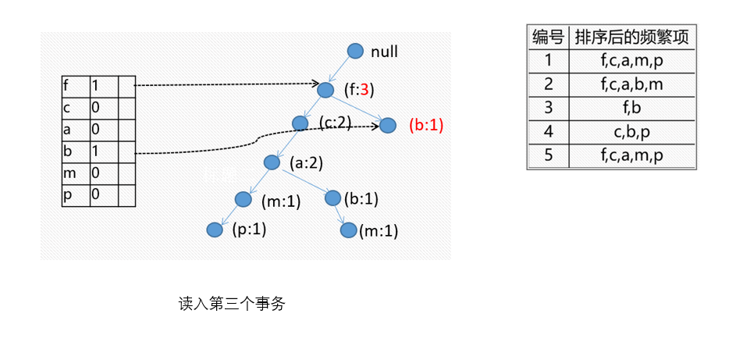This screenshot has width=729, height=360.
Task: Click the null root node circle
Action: click(355, 52)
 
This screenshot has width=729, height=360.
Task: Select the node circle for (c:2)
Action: click(300, 123)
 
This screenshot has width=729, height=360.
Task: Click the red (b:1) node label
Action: click(426, 125)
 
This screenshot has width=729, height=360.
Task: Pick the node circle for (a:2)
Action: click(272, 162)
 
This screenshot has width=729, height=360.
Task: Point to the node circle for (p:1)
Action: click(215, 230)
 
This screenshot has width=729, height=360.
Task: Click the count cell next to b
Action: click(104, 151)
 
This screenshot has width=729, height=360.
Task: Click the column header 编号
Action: click(548, 37)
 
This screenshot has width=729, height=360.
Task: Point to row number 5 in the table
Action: click(548, 155)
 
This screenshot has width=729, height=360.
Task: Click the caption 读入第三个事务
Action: click(232, 305)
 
